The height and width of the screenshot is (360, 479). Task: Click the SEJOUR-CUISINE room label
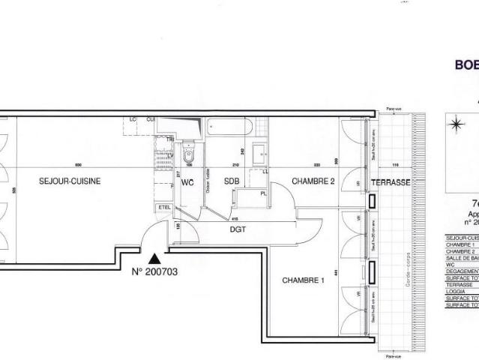(x=70, y=181)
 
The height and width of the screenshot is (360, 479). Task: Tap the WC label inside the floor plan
(x=187, y=181)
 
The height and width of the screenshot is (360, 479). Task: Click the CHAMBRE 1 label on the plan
(x=298, y=280)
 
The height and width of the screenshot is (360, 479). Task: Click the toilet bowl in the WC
(x=187, y=155)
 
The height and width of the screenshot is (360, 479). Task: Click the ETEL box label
(x=164, y=207)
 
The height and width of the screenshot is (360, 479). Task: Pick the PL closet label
(x=264, y=193)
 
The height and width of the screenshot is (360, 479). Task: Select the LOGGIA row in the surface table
(x=458, y=290)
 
